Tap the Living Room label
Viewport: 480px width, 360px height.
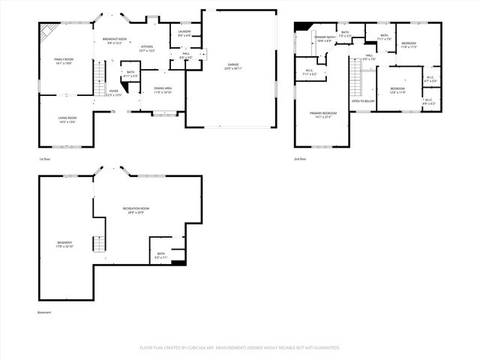click(x=68, y=119)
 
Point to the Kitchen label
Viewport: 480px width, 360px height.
click(x=147, y=48)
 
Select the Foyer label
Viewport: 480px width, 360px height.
click(x=113, y=93)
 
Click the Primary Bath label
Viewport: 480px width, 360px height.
click(x=325, y=38)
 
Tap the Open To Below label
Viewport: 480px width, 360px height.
click(x=363, y=100)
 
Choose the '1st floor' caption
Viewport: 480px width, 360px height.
click(x=45, y=159)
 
